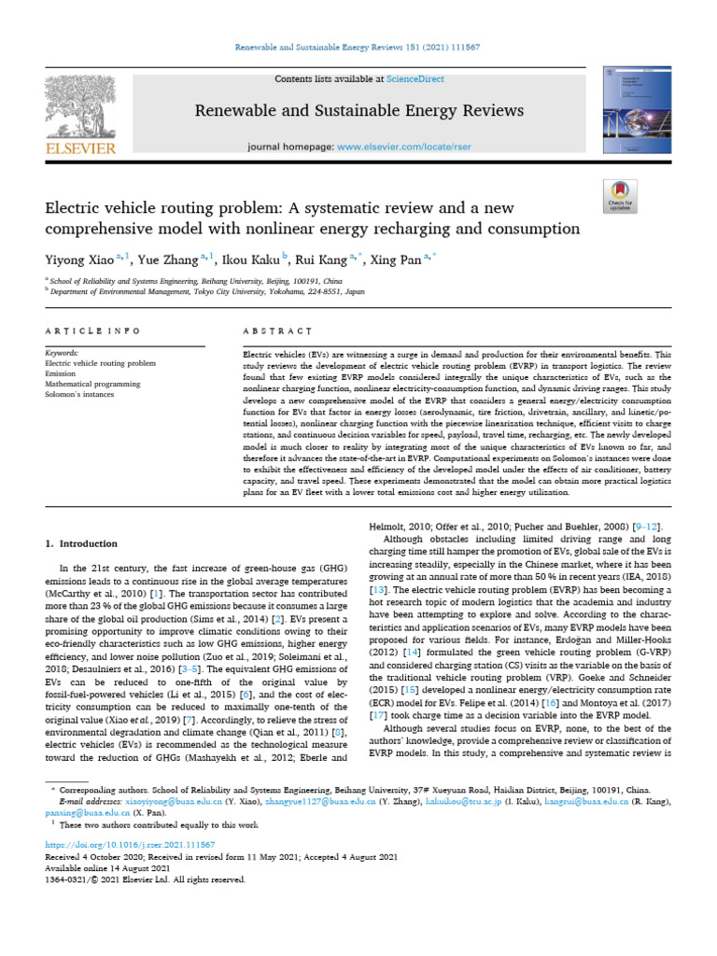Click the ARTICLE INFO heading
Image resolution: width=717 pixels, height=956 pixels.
pyautogui.click(x=92, y=331)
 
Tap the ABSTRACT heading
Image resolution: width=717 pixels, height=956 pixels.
pyautogui.click(x=276, y=331)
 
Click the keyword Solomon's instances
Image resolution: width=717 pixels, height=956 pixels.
pyautogui.click(x=79, y=394)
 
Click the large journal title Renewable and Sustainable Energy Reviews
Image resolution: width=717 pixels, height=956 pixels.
pyautogui.click(x=358, y=111)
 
